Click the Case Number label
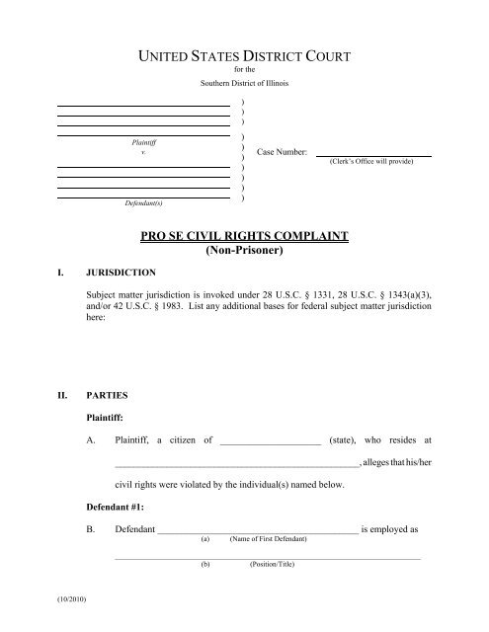(x=283, y=153)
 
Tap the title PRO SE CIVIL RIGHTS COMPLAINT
(x=244, y=237)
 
